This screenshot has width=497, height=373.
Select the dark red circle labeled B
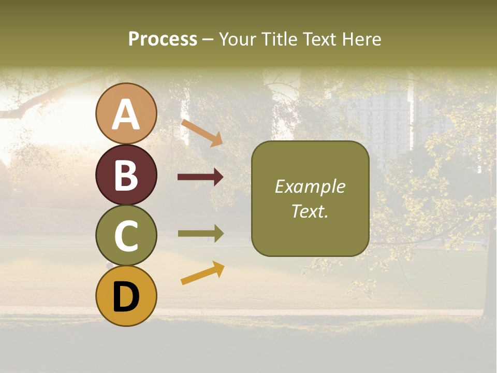(x=126, y=175)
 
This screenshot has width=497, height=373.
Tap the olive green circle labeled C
(x=126, y=235)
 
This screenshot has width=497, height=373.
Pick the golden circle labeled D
(x=126, y=296)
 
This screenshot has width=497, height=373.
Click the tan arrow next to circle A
(x=202, y=132)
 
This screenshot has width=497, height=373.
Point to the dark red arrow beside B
(x=200, y=177)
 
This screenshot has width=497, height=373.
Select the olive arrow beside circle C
(x=200, y=234)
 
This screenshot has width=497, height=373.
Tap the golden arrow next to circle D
(x=202, y=273)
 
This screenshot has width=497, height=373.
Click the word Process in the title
(x=163, y=39)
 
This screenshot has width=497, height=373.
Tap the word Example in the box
(x=310, y=187)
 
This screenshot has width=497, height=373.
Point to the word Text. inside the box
(x=310, y=211)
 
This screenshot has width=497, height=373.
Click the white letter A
(x=126, y=115)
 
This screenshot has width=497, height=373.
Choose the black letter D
(x=126, y=297)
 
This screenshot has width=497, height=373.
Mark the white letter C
(x=126, y=236)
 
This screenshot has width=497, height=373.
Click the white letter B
(x=126, y=176)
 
